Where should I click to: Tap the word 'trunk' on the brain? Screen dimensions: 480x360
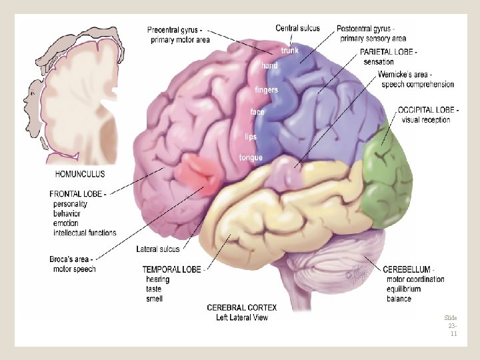(290, 51)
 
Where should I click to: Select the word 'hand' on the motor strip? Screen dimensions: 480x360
(269, 66)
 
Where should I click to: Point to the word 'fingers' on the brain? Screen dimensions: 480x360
(267, 90)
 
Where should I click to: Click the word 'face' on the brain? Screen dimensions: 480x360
(257, 112)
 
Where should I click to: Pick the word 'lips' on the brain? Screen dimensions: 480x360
(251, 137)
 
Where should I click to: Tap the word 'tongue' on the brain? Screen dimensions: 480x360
(251, 158)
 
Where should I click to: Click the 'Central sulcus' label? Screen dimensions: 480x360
(297, 28)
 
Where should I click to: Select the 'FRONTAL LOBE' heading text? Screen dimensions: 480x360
(77, 194)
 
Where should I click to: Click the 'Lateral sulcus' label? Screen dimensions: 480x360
(158, 249)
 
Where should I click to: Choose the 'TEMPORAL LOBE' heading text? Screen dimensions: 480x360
(171, 270)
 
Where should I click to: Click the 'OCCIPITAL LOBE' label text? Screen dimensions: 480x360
(427, 110)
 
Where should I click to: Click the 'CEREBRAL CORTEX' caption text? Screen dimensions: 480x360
(241, 307)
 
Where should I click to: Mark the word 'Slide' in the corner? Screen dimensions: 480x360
(451, 318)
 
